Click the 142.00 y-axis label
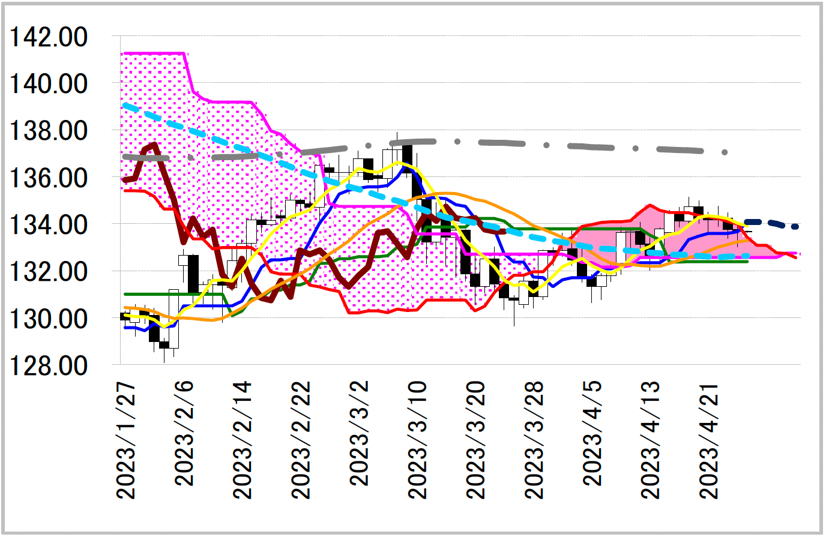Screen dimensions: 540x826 coord(48,37)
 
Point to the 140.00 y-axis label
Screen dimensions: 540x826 coord(48,84)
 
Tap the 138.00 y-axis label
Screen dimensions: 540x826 coord(48,131)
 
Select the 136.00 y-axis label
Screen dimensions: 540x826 coord(48,178)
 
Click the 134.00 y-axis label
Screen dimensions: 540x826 coord(48,225)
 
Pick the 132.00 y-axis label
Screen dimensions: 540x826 coord(48,272)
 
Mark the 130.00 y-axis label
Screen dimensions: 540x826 coord(48,319)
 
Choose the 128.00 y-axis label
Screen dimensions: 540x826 coord(48,365)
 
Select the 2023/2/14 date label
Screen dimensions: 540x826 coord(243,440)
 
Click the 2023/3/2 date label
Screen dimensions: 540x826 coord(359,433)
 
